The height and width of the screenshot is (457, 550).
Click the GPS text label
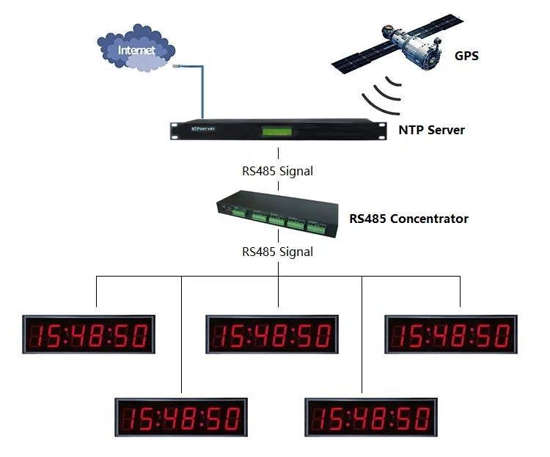point(466,55)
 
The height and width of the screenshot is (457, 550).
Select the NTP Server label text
point(431,130)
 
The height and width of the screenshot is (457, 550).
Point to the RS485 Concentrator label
point(408,219)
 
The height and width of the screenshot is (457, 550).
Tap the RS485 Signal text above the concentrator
point(278,172)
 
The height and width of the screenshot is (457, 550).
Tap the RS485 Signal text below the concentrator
point(278,252)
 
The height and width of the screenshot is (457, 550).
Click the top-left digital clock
point(89,335)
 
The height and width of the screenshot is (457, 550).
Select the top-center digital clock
point(271,335)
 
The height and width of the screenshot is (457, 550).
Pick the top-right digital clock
point(450,335)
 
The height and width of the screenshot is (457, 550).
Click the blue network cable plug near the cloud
point(178,67)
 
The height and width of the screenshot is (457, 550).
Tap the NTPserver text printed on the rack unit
point(202,127)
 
